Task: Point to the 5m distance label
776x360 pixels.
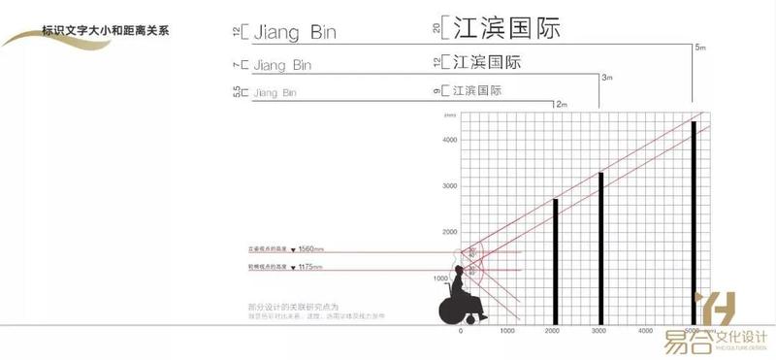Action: (x=700, y=48)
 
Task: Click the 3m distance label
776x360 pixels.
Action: (x=607, y=77)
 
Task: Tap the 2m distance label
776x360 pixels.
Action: (x=560, y=103)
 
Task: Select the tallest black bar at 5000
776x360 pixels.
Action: (x=694, y=223)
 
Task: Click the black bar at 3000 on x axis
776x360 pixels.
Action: (x=601, y=248)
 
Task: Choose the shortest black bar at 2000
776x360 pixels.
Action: (x=555, y=262)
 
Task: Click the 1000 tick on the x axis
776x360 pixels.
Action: (x=507, y=332)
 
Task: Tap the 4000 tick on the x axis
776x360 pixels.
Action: (x=647, y=332)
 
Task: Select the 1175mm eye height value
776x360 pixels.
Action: (x=310, y=266)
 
